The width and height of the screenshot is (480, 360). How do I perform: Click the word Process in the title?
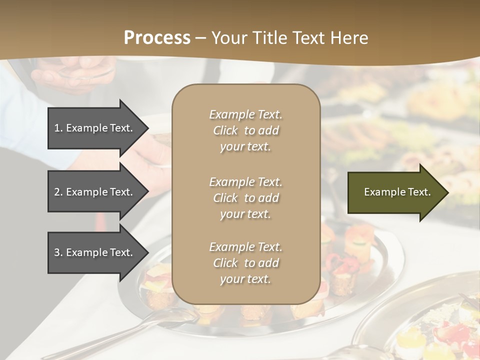[x=157, y=38]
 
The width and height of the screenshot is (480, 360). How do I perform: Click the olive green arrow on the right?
[x=395, y=192]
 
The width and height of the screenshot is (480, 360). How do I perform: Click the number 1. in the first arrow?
[x=58, y=128]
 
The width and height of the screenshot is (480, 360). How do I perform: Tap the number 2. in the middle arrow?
[x=58, y=192]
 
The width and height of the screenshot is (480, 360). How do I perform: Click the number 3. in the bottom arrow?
[x=58, y=252]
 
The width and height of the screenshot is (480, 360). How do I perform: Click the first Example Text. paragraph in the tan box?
[x=245, y=130]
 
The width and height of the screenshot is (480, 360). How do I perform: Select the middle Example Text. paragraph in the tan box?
[x=245, y=198]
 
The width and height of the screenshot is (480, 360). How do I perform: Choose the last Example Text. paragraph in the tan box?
[x=245, y=263]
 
